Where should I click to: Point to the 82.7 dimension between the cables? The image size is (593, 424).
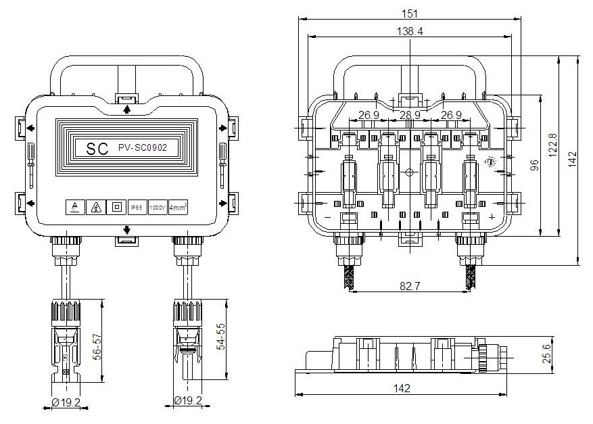pos(410,286)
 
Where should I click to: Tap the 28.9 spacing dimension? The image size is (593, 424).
pos(410,115)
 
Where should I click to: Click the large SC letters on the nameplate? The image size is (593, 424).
pos(97,149)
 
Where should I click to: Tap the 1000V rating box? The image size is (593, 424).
pos(158,207)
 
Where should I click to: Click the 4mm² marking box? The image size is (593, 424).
pos(178,207)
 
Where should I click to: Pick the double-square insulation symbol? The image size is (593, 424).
pos(117,207)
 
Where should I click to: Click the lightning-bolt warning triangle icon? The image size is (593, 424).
pos(97,207)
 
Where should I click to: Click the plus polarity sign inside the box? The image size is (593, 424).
pos(492,217)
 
